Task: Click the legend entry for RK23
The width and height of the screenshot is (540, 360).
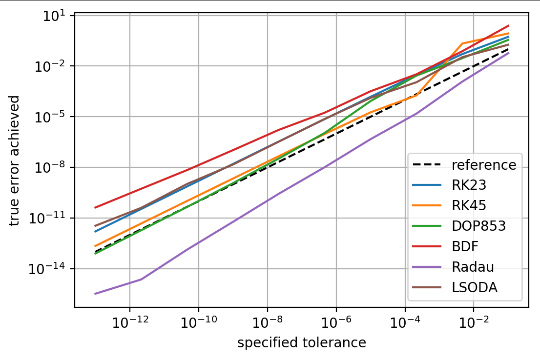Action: click(469, 185)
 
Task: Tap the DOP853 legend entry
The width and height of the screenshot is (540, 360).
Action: click(478, 226)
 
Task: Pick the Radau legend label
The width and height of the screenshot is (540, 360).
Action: click(473, 267)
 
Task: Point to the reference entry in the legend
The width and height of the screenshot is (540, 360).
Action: click(483, 165)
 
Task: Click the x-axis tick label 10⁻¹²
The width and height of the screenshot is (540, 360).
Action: click(129, 323)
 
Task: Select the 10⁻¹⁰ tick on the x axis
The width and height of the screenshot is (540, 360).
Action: click(198, 323)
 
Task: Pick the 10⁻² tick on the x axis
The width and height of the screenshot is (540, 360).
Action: click(474, 323)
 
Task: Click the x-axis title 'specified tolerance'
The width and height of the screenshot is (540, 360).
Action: click(302, 343)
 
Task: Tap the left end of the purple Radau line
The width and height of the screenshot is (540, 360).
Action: click(96, 294)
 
